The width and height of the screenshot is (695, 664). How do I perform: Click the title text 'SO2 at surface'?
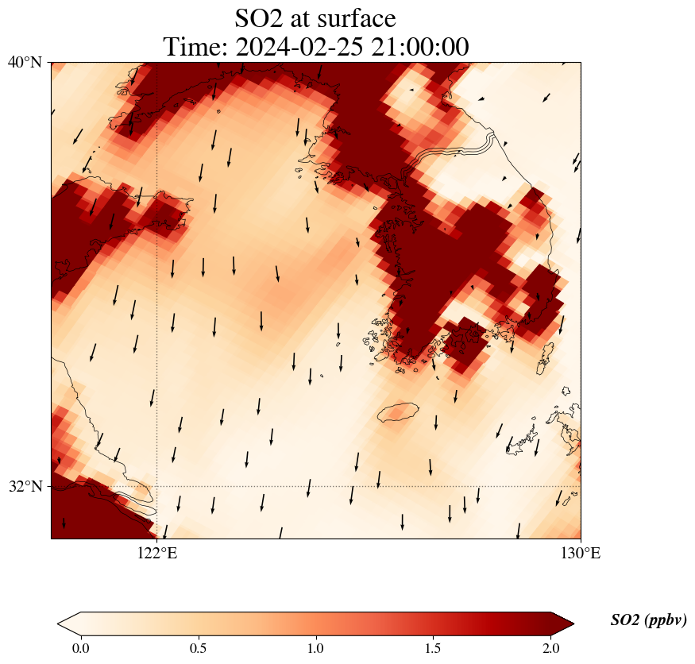pos(315,18)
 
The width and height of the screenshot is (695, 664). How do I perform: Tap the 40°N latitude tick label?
pos(25,62)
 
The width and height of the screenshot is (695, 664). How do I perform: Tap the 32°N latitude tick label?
pos(25,486)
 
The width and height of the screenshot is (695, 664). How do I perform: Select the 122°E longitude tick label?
pos(157,554)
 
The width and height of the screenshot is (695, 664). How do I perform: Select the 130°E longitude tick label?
pos(581,554)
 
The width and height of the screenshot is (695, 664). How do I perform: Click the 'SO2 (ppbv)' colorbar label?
pos(648,620)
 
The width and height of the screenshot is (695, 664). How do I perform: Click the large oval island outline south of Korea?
pos(398,412)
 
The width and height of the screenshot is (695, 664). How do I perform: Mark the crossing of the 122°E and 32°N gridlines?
pos(157,486)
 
